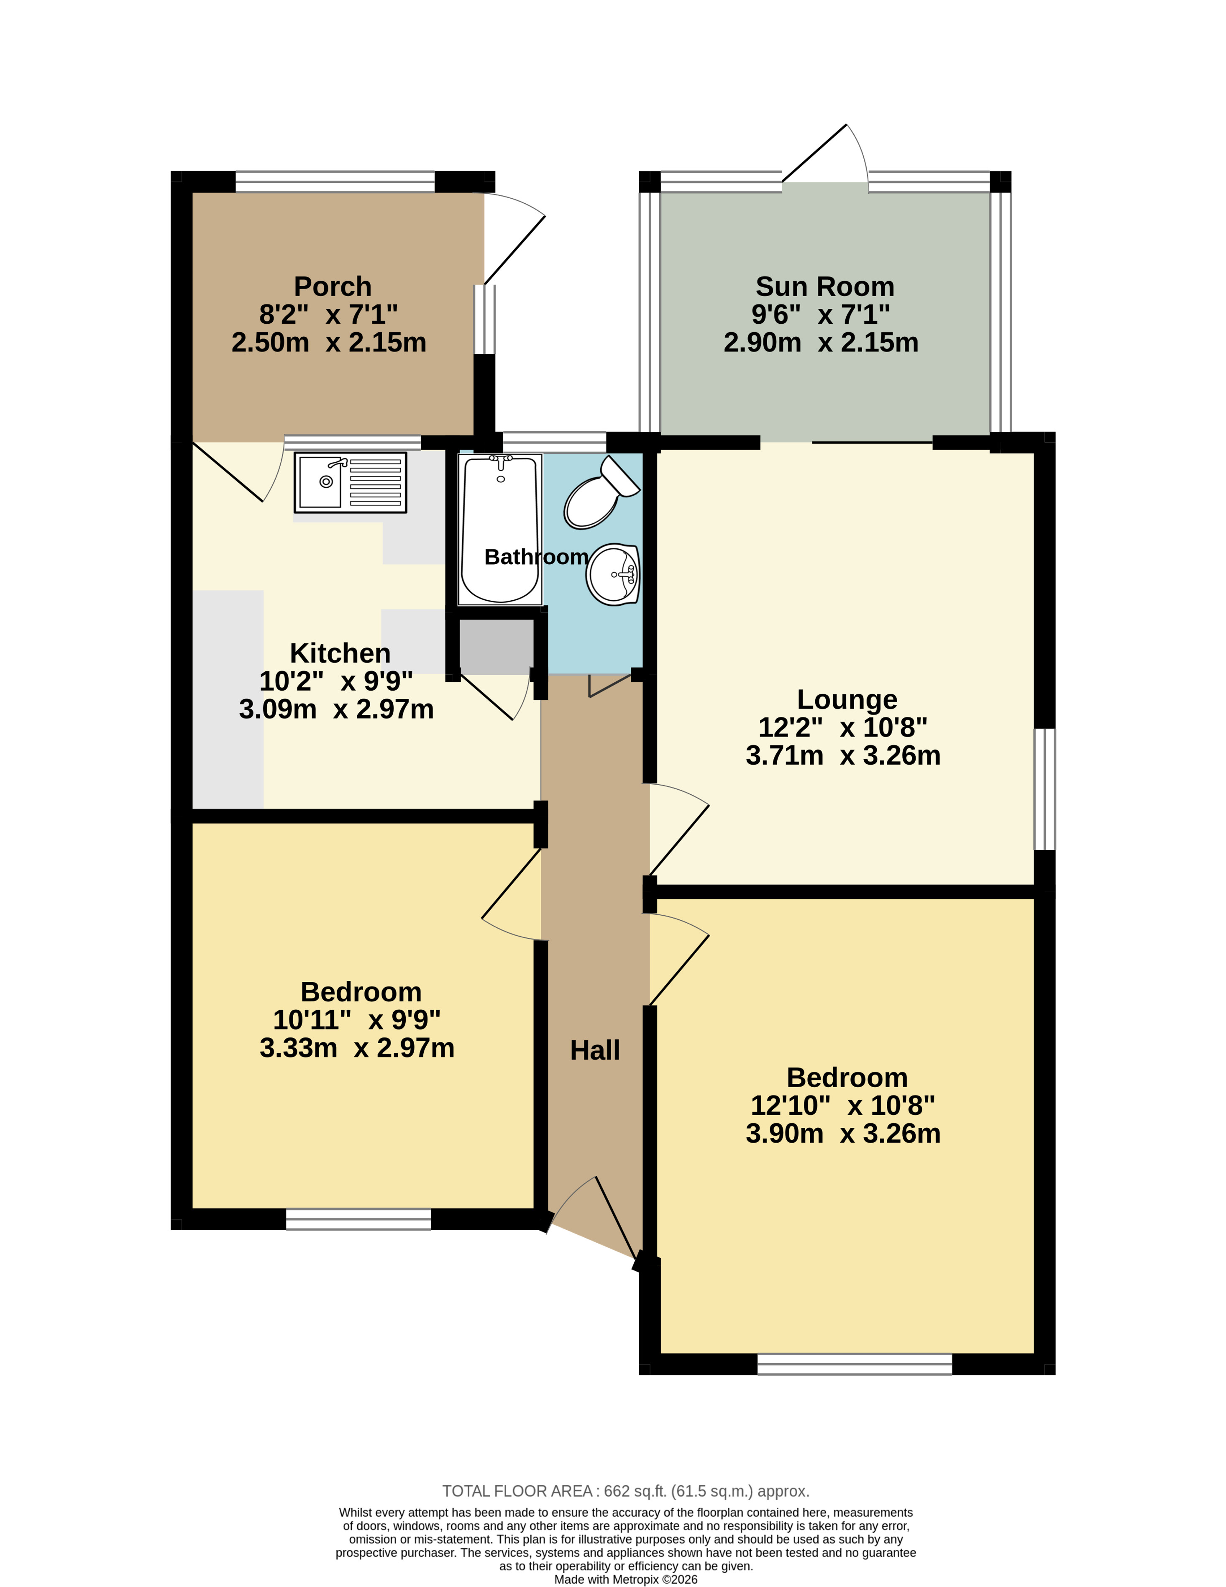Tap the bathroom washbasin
tap(613, 574)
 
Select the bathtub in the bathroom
tap(500, 530)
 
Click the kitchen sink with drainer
tap(350, 482)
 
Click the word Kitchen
tap(340, 653)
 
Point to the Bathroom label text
tap(536, 557)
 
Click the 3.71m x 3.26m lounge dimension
tap(843, 756)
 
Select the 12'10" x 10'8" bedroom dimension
tap(843, 1105)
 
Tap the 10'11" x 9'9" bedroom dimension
tap(357, 1020)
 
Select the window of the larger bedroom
tap(855, 1364)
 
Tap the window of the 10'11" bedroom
tap(358, 1219)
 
